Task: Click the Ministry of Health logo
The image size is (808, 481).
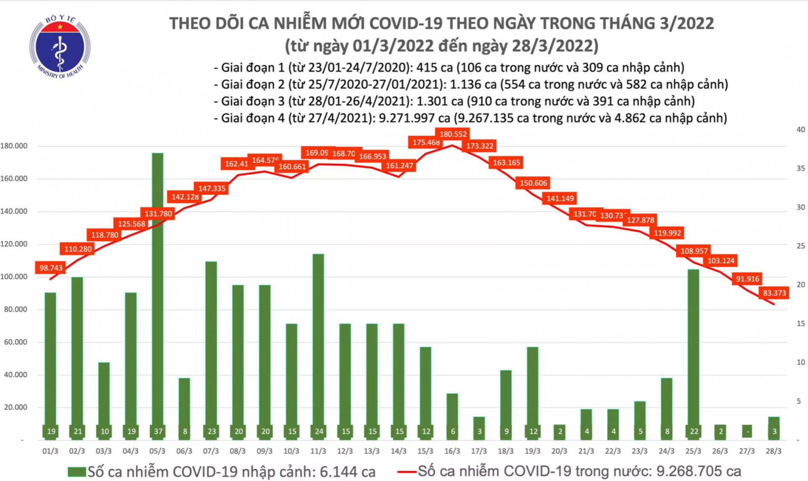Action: coord(60,47)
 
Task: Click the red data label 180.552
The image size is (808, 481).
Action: coord(453,134)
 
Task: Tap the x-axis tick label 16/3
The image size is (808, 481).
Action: coord(452,451)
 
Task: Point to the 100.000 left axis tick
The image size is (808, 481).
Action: coord(14,276)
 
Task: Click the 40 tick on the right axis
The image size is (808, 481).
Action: coord(800,130)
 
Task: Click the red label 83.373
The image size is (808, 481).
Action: coord(774,293)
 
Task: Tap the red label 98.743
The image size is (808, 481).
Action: coord(51,268)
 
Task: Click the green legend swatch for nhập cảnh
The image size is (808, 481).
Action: coord(77,472)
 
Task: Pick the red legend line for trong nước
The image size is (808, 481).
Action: coord(407,472)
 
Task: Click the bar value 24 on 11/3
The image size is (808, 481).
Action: coord(319,431)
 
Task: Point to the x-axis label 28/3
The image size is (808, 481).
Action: coord(773,451)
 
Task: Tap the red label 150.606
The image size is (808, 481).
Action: coord(533,183)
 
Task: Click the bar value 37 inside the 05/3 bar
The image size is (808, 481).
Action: coord(158,431)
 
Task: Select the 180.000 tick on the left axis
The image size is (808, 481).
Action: coord(14,146)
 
